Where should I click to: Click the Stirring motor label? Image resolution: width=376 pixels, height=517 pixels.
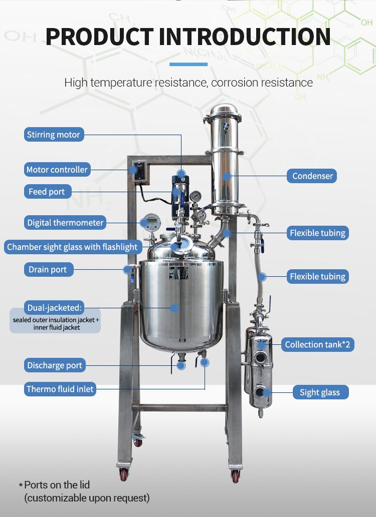click(x=54, y=135)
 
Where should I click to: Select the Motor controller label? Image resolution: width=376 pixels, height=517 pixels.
click(x=57, y=170)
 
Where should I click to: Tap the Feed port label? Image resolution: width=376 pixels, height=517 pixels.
click(x=48, y=192)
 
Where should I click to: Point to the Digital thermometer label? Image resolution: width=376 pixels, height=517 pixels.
click(x=65, y=223)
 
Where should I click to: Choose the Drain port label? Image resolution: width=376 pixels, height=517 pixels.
click(x=49, y=269)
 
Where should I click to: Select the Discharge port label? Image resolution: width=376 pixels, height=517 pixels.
click(x=55, y=365)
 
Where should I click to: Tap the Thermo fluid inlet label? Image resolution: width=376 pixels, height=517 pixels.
click(x=60, y=389)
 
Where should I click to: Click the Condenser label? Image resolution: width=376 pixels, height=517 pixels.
click(x=311, y=176)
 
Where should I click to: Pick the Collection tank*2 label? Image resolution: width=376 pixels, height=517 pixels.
click(x=317, y=344)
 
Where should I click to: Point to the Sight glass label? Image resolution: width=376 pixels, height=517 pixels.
click(x=320, y=392)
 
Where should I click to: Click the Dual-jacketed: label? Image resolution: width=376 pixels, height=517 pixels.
click(x=54, y=308)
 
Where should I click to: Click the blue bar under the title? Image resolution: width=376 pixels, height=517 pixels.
click(x=189, y=64)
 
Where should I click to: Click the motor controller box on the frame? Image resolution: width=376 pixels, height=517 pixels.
click(x=139, y=171)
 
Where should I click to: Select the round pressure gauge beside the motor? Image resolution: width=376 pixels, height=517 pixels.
click(x=196, y=197)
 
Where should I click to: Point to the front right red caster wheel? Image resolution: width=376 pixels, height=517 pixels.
click(x=235, y=476)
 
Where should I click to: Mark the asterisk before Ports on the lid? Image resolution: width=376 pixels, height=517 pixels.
click(x=21, y=485)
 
